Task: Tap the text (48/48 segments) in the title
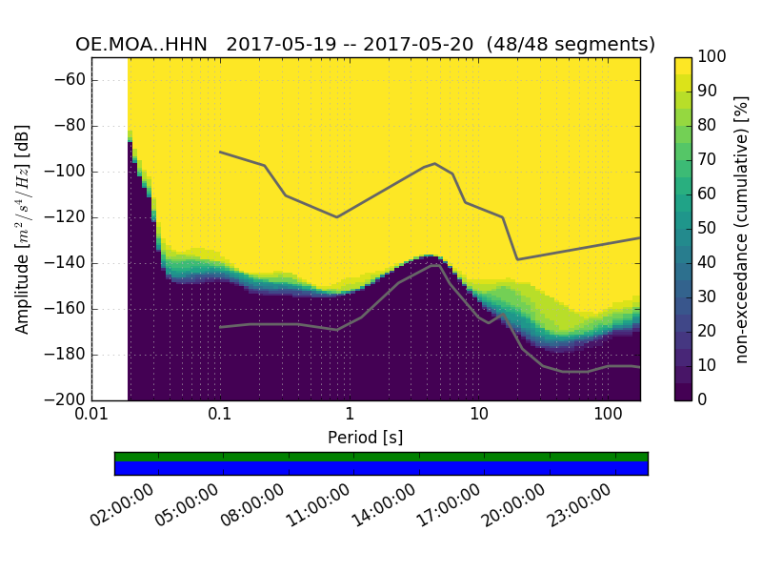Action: coord(570,45)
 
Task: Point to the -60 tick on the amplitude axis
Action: coord(70,80)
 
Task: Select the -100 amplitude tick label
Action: coord(67,172)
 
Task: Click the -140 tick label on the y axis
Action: coord(67,263)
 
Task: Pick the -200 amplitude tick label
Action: coord(67,399)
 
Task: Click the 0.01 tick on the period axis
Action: coord(91,416)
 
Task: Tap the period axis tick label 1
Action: coord(350,416)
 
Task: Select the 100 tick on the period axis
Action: coord(608,416)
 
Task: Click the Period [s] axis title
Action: coord(365,438)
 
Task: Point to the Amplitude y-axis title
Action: coord(23,229)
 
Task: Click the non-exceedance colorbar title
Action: coord(743,229)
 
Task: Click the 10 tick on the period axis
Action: coord(478,416)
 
